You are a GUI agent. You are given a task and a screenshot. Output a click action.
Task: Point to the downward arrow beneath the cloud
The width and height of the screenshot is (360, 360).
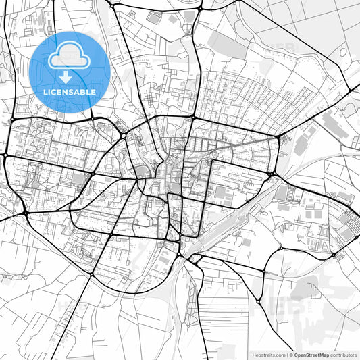[x=66, y=76]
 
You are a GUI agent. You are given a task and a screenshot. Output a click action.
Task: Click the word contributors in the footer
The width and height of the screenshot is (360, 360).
[x=344, y=354]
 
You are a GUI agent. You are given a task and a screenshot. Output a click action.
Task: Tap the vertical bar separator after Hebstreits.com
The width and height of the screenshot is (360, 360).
[x=287, y=354]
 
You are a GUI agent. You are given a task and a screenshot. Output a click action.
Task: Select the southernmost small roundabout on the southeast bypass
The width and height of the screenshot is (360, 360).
[x=259, y=302]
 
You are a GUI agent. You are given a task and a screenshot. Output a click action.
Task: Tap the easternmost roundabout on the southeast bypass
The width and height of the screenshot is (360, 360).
[x=334, y=255]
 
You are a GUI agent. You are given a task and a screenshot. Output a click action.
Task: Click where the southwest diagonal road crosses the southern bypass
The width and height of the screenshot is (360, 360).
[x=91, y=275]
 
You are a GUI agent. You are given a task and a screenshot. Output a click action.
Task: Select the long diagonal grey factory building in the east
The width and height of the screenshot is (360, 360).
[x=335, y=125]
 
